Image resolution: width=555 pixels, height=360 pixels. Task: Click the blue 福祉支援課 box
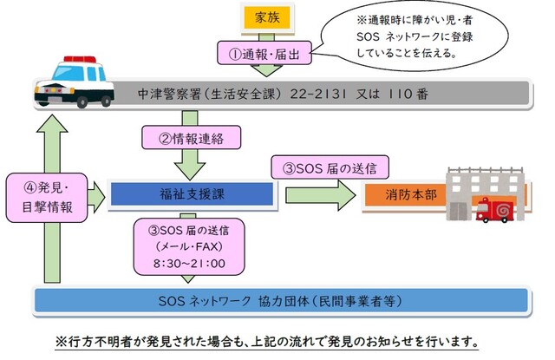pos(192,192)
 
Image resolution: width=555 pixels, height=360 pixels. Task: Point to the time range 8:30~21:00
pos(188,263)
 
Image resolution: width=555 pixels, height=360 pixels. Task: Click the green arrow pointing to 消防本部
pos(320,193)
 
